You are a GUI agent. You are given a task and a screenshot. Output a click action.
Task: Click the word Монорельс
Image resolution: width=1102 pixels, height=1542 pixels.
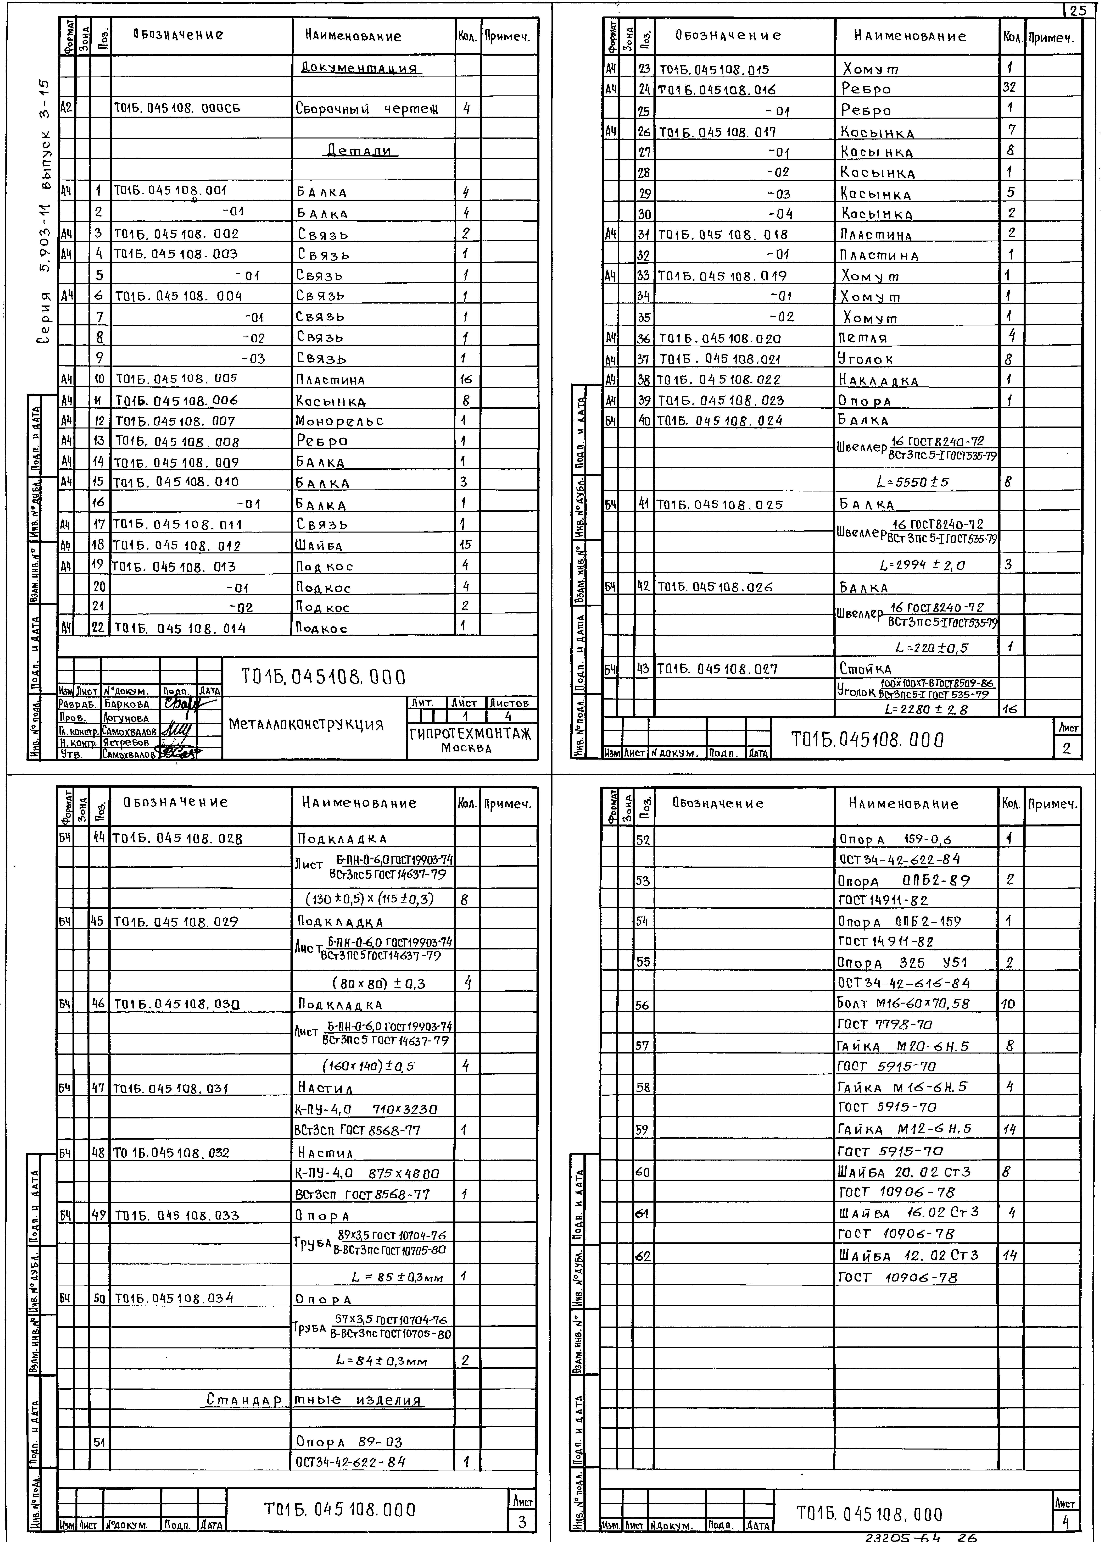(339, 421)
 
